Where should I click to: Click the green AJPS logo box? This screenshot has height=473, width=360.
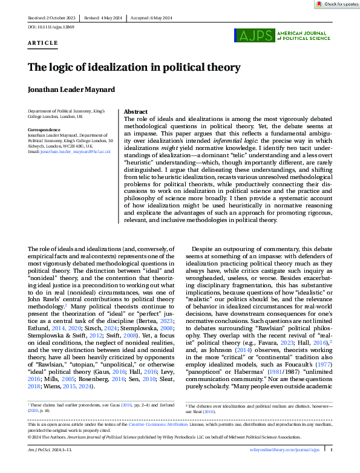pos(254,36)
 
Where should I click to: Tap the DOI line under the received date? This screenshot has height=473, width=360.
pos(48,28)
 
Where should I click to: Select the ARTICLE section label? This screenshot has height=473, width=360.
pos(43,44)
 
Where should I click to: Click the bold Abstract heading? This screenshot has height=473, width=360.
pos(136,113)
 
